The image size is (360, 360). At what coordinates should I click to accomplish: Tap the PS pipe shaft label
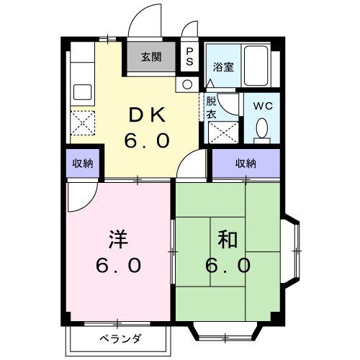pyautogui.click(x=189, y=56)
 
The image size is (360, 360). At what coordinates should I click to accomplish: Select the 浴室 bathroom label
pyautogui.click(x=222, y=68)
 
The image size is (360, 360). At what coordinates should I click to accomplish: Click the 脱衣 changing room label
pyautogui.click(x=211, y=108)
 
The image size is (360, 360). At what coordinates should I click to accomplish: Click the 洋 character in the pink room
pyautogui.click(x=118, y=237)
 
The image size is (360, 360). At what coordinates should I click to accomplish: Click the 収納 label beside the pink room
pyautogui.click(x=83, y=163)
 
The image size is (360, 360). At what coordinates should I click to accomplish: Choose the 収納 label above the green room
pyautogui.click(x=246, y=163)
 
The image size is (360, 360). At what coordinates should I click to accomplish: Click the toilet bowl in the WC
pyautogui.click(x=261, y=129)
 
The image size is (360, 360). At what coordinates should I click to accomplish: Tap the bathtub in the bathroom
pyautogui.click(x=257, y=68)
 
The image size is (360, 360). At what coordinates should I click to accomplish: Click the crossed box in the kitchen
pyautogui.click(x=82, y=122)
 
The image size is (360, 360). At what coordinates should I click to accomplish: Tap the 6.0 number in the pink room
pyautogui.click(x=118, y=265)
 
